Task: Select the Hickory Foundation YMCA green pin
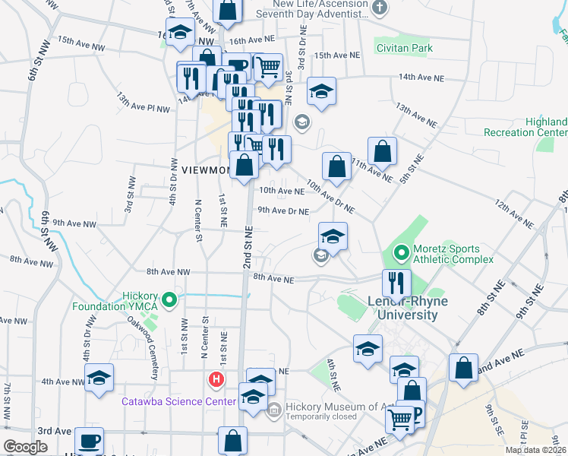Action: tap(170, 300)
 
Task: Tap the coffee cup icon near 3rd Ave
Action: tap(90, 441)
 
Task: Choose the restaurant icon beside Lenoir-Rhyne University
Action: tap(396, 283)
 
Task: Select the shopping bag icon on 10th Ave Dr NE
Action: tap(336, 166)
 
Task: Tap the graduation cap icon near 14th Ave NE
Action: tap(322, 91)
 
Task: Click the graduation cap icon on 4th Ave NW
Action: tap(99, 378)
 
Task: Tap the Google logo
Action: tap(25, 447)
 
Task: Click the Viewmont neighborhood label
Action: tap(205, 170)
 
